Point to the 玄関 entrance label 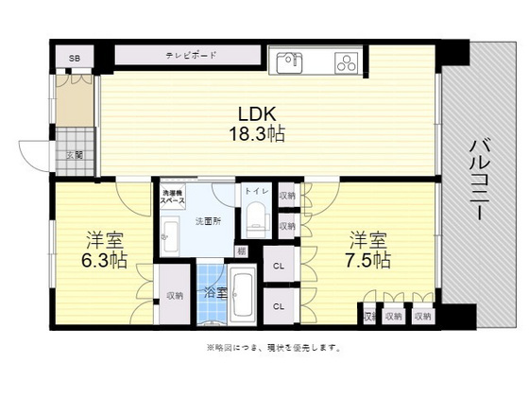(x=73, y=155)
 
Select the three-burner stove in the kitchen (x=347, y=63)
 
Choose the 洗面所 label (x=207, y=220)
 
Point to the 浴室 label (x=214, y=294)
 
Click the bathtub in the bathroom (x=244, y=294)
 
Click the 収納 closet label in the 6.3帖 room (x=175, y=295)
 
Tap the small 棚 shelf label (x=242, y=250)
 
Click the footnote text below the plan (x=273, y=348)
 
